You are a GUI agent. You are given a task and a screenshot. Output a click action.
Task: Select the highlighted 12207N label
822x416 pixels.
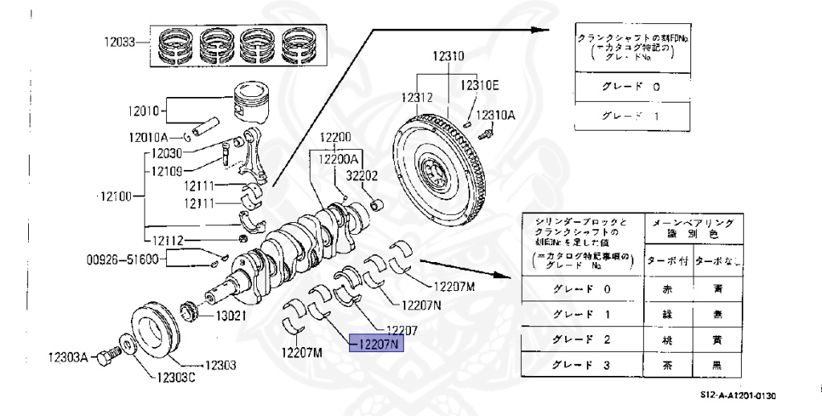tap(377, 345)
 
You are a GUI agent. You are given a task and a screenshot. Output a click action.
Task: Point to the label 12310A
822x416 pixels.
tap(495, 115)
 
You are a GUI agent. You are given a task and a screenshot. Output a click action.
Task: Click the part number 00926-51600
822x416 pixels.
tap(124, 259)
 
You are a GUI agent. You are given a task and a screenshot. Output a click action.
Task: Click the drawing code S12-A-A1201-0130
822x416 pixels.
tap(737, 395)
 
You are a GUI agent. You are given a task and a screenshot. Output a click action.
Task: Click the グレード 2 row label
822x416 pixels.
tap(581, 339)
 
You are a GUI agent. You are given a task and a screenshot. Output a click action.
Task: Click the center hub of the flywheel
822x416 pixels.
tap(434, 171)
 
